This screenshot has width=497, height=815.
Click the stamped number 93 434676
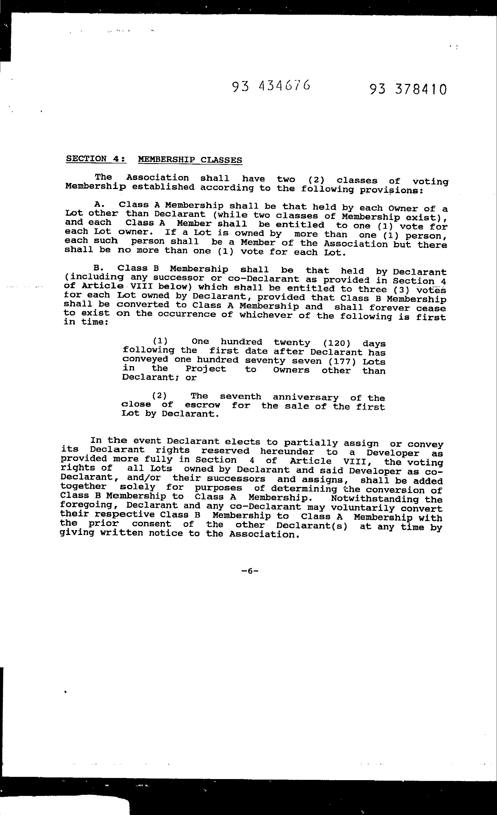point(271,86)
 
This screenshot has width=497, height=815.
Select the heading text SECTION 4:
point(96,159)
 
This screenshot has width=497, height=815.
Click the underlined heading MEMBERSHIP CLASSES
point(190,160)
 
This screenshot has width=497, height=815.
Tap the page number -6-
point(250,571)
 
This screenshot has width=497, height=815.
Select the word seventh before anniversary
point(241,396)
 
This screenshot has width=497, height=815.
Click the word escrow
point(202,405)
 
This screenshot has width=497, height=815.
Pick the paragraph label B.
point(99,268)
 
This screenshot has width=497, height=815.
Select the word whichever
point(266,315)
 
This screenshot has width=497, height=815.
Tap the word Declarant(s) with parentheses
point(312,526)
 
